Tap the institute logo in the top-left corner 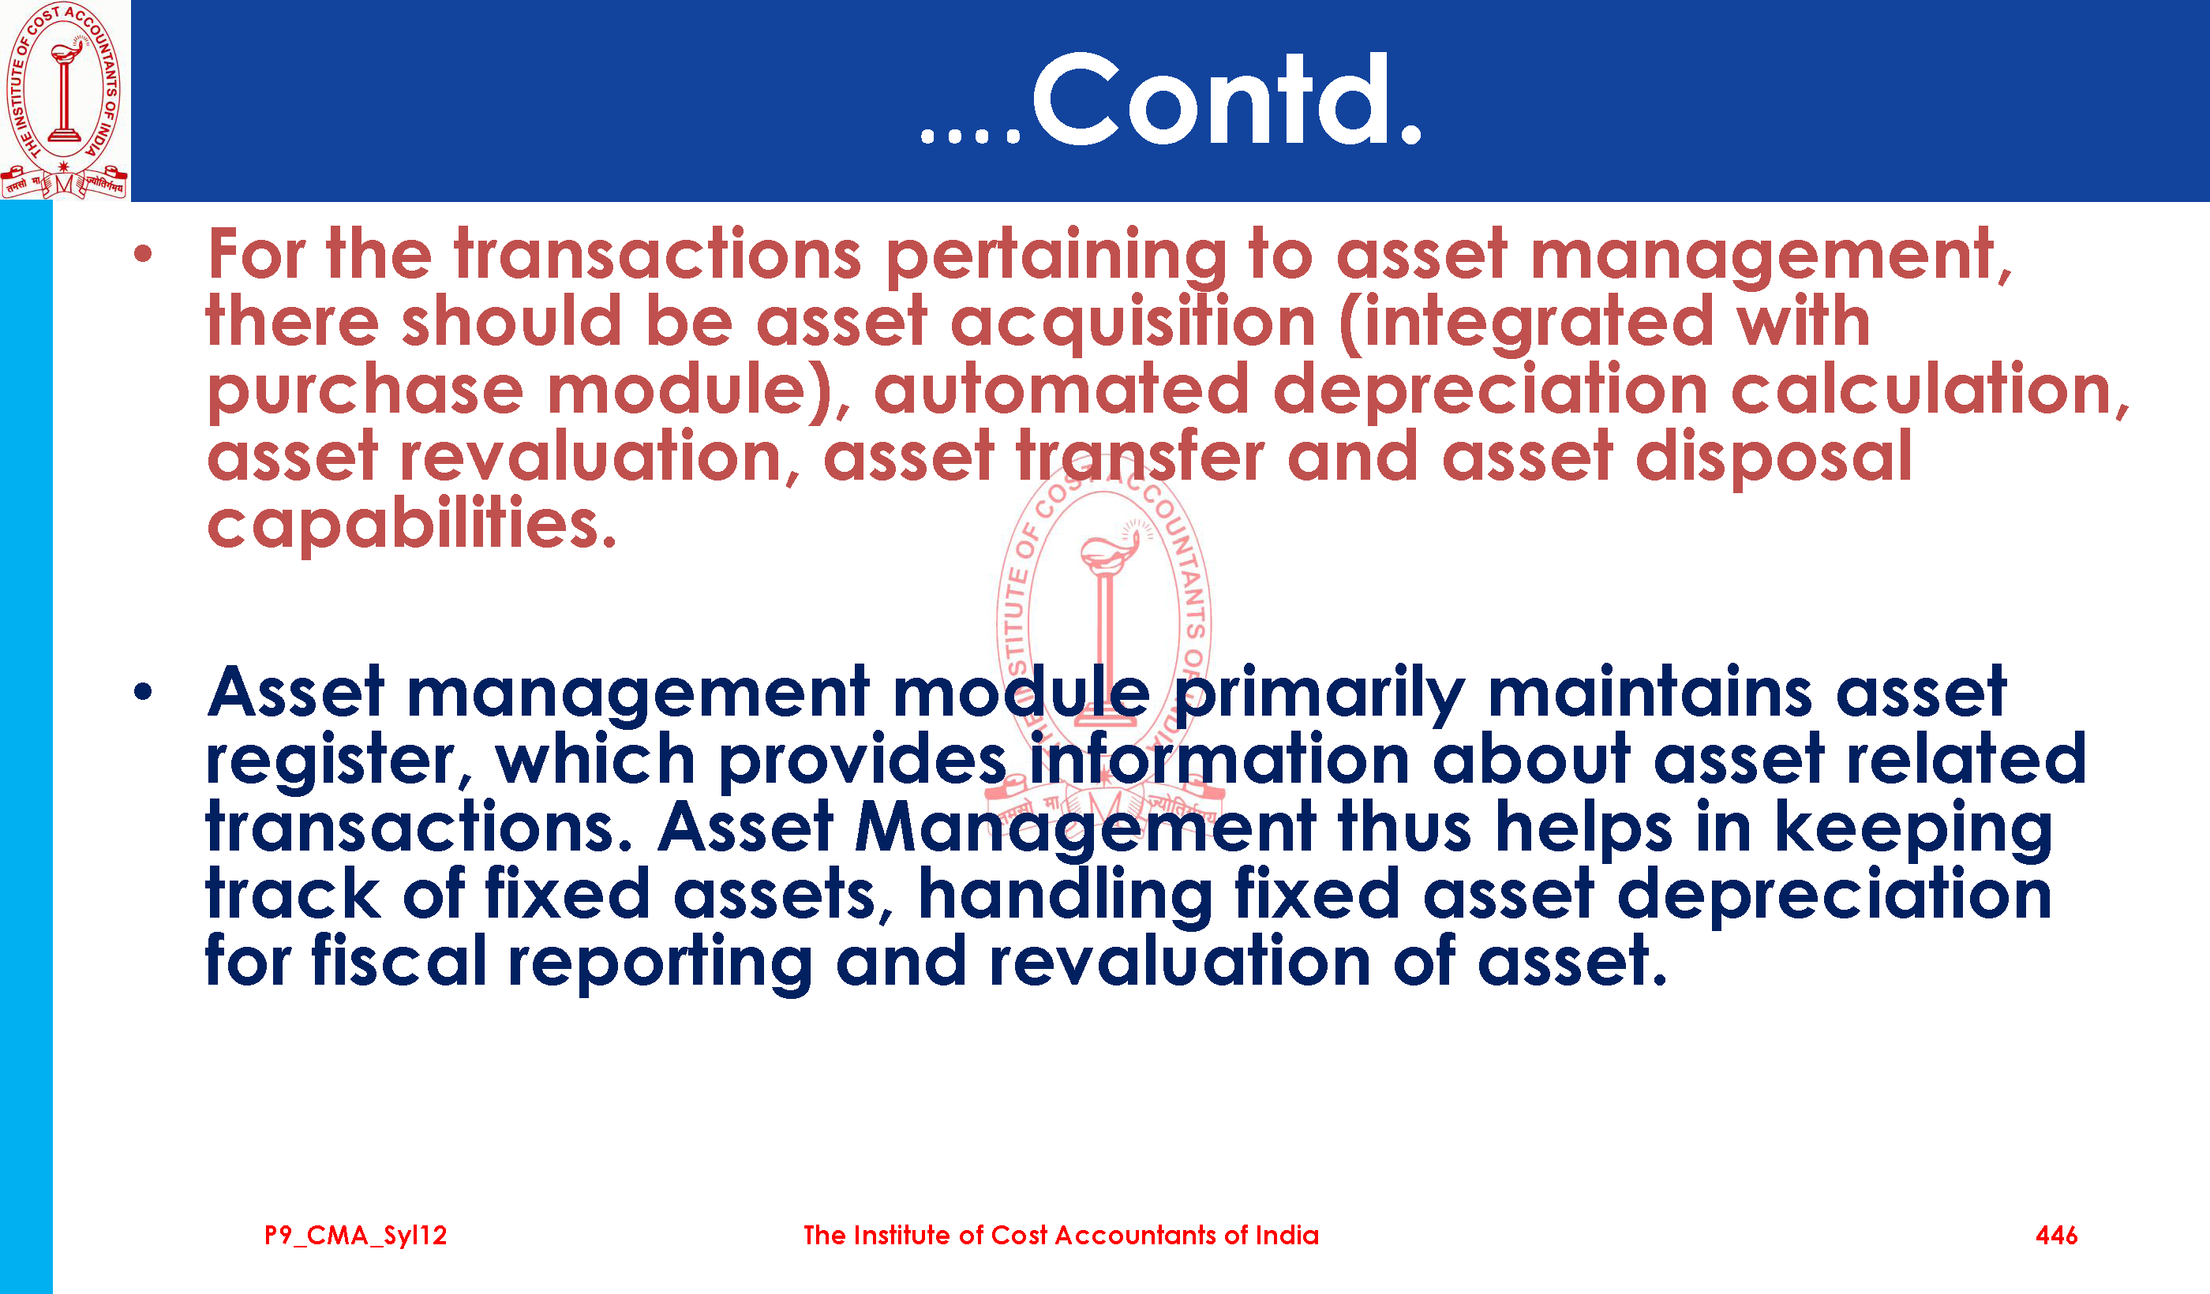(64, 100)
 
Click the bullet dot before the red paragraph (143, 254)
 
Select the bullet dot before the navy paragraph (143, 693)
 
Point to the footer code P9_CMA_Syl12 (356, 1236)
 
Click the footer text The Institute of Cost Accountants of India (1061, 1236)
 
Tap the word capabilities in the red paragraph (412, 523)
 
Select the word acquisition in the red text (1133, 322)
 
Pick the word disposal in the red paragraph (1774, 457)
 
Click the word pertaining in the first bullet (1056, 256)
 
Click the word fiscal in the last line (399, 962)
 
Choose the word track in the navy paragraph (293, 894)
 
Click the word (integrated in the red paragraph (1526, 323)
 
